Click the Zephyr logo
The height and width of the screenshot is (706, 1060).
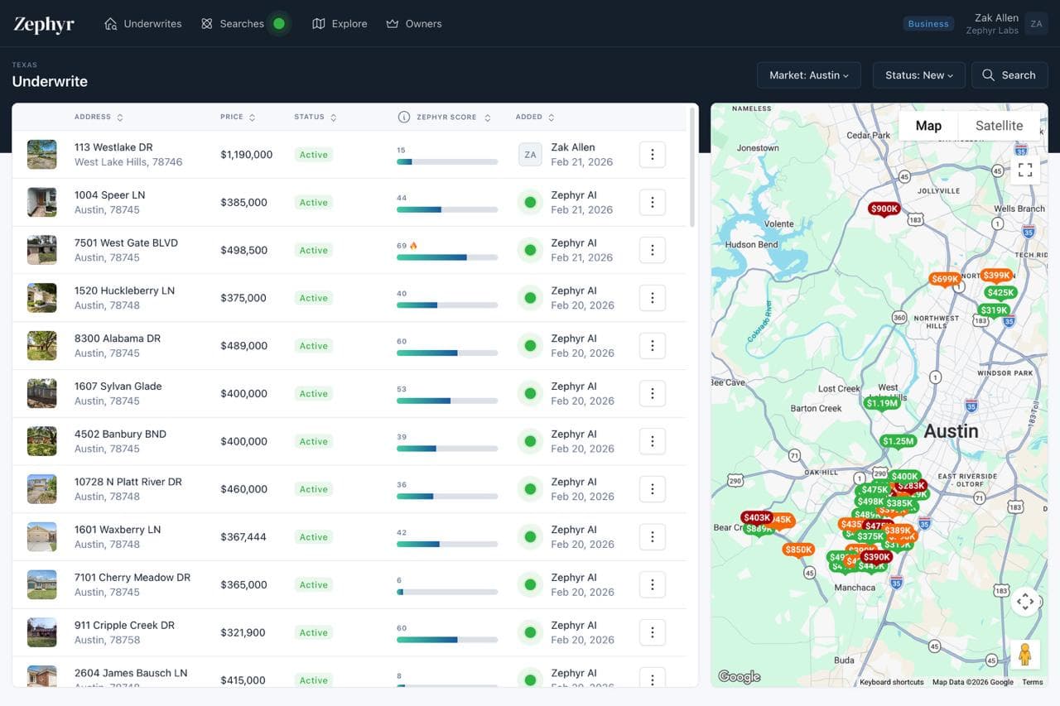pos(44,24)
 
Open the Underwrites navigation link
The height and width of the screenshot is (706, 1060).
pos(142,24)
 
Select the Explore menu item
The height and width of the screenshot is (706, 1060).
pos(340,24)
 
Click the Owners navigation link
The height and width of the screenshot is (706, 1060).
pos(414,24)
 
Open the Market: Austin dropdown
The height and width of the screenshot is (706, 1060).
pos(808,75)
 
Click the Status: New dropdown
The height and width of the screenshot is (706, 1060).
pos(918,75)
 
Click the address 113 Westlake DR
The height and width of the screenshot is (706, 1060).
pos(113,147)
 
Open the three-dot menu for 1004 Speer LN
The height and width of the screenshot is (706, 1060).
pos(653,203)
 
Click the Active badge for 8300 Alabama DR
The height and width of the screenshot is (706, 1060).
pos(314,346)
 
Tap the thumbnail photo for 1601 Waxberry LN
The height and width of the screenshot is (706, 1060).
pos(42,536)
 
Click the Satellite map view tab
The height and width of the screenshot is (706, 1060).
pos(999,126)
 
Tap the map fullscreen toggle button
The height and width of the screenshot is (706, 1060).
pos(1025,170)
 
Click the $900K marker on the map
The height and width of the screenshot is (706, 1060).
pos(884,209)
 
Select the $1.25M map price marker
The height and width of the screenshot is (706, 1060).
pos(898,442)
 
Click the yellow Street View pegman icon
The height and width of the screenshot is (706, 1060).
pos(1025,654)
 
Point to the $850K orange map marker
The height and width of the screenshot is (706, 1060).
pos(798,550)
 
